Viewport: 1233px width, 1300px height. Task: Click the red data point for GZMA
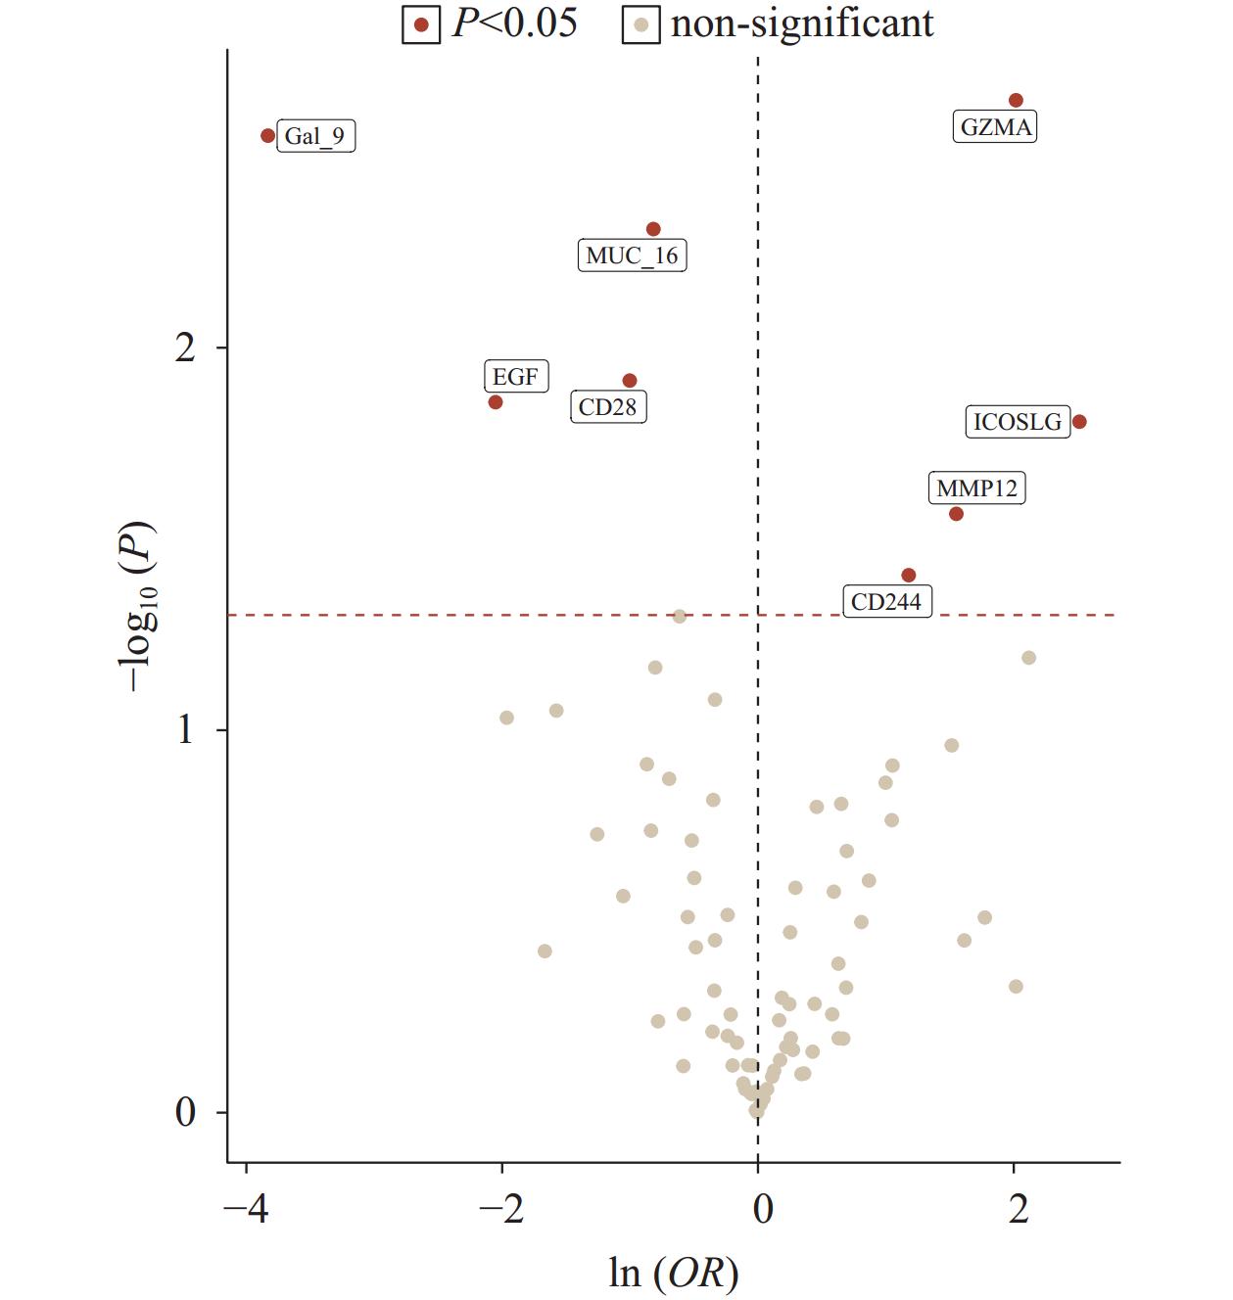pyautogui.click(x=1016, y=101)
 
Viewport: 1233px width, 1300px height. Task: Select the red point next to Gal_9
pyautogui.click(x=268, y=136)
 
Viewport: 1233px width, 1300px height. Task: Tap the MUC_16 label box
pyautogui.click(x=632, y=256)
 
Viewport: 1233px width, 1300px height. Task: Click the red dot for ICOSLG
pyautogui.click(x=1079, y=422)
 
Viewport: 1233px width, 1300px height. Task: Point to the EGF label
pyautogui.click(x=515, y=377)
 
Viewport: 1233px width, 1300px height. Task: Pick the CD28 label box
pyautogui.click(x=607, y=407)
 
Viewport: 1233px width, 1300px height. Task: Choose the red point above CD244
pyautogui.click(x=908, y=576)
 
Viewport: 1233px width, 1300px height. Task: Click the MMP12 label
pyautogui.click(x=976, y=488)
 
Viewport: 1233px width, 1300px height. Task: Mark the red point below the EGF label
pyautogui.click(x=496, y=402)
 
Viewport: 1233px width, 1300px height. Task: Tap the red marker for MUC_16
pyautogui.click(x=653, y=229)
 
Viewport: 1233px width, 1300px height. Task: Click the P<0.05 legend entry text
pyautogui.click(x=514, y=23)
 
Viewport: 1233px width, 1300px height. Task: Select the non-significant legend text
pyautogui.click(x=802, y=23)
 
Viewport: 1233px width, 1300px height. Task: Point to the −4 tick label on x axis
pyautogui.click(x=245, y=1209)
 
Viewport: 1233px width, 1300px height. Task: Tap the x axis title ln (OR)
pyautogui.click(x=674, y=1273)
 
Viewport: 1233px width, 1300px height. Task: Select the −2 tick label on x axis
pyautogui.click(x=501, y=1209)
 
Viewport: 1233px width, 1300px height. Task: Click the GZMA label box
pyautogui.click(x=995, y=127)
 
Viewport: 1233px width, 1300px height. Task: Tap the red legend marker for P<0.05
pyautogui.click(x=421, y=24)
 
